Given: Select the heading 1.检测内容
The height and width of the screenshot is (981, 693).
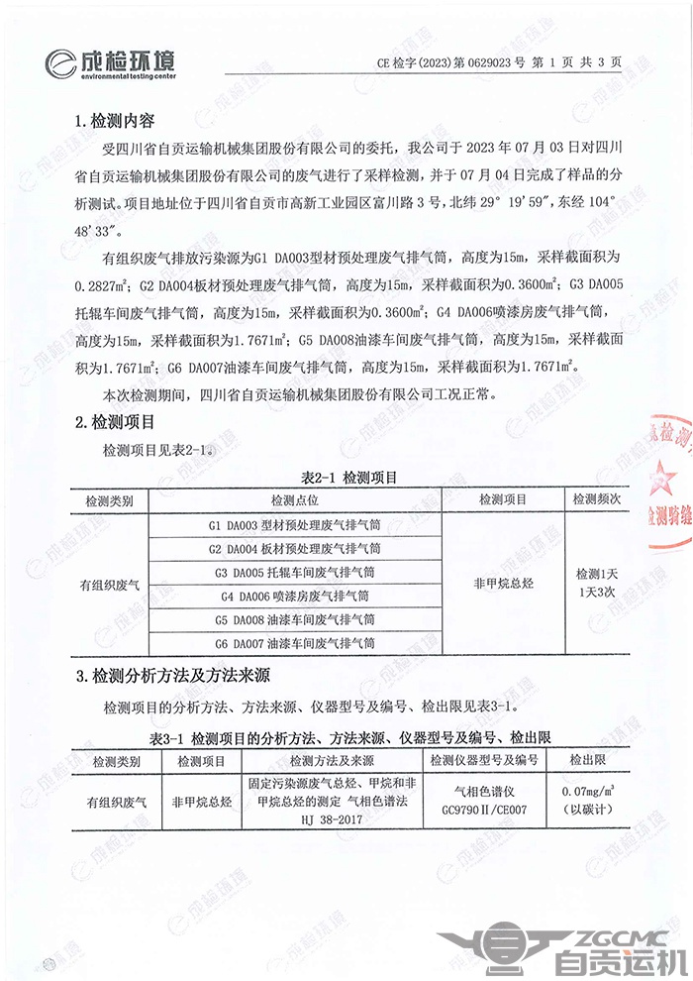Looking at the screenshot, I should [115, 122].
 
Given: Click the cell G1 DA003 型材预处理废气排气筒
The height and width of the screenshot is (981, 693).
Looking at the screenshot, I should [296, 523].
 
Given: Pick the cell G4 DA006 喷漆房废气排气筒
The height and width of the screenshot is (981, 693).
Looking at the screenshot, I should [296, 597].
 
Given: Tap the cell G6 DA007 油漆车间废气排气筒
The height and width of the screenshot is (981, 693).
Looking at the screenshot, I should [296, 644].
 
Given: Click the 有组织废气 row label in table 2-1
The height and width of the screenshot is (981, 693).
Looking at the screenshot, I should [110, 585].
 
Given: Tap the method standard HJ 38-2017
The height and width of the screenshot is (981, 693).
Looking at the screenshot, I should [336, 820].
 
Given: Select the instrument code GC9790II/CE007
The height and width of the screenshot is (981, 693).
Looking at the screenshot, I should [483, 808].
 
